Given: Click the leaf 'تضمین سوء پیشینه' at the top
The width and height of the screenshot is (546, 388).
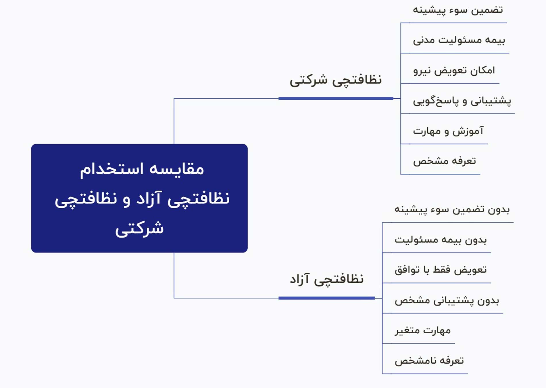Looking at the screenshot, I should tap(458, 10).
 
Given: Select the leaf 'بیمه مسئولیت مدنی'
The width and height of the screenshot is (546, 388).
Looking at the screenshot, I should tap(459, 40).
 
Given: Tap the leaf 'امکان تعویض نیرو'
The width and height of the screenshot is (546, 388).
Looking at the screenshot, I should tap(454, 70).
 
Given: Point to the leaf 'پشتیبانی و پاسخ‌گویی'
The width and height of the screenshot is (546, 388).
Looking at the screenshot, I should tap(462, 101).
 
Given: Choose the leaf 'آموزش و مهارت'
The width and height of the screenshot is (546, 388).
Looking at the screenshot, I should tap(448, 131).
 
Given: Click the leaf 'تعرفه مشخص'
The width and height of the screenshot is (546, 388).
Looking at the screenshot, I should tap(445, 161).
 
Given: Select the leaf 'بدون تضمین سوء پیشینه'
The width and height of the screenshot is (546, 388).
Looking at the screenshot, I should tap(452, 210).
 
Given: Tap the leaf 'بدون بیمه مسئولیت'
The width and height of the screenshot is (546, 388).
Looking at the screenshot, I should tap(441, 240).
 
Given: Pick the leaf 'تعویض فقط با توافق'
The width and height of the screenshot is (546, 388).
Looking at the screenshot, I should tap(441, 270).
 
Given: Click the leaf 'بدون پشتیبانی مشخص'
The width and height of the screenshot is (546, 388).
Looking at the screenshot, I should tap(447, 301).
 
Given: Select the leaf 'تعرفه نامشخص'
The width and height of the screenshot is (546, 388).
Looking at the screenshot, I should tap(429, 361).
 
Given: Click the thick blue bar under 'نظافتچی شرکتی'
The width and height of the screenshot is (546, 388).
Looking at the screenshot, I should tap(336, 99).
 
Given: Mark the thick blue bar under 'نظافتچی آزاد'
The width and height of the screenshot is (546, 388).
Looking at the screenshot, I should tap(326, 298).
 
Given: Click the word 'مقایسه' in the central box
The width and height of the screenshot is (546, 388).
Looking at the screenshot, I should tap(176, 169).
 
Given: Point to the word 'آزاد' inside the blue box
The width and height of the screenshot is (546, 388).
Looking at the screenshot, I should tap(149, 199).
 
